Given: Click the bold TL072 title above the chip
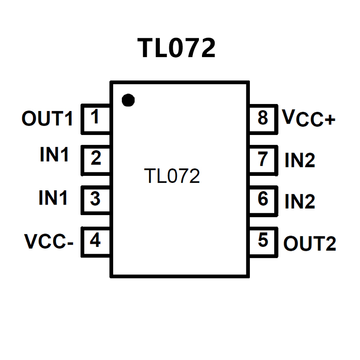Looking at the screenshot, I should tap(176, 48).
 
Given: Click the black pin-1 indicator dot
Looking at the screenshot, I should tap(128, 101).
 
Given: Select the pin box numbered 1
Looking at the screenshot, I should tap(96, 118).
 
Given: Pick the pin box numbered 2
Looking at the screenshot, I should tap(96, 159).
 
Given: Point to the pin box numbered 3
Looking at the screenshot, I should tap(96, 200).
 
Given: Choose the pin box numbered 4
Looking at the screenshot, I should tap(96, 241).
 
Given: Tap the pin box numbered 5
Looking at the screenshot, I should tap(263, 241).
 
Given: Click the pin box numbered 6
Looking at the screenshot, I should tap(263, 200).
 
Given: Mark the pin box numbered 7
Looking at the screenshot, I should tap(263, 159).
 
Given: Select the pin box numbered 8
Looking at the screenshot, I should tap(263, 118).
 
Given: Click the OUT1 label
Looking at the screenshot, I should tap(47, 119).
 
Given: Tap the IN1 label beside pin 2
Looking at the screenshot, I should tap(54, 155).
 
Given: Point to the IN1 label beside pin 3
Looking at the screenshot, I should tap(54, 198).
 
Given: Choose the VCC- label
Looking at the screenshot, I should tap(49, 242).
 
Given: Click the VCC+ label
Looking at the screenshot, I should tap(308, 118).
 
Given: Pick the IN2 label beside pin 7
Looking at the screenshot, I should tap(300, 161).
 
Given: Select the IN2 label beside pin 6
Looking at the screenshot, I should tap(300, 202).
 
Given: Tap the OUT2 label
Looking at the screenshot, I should tap(310, 244).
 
